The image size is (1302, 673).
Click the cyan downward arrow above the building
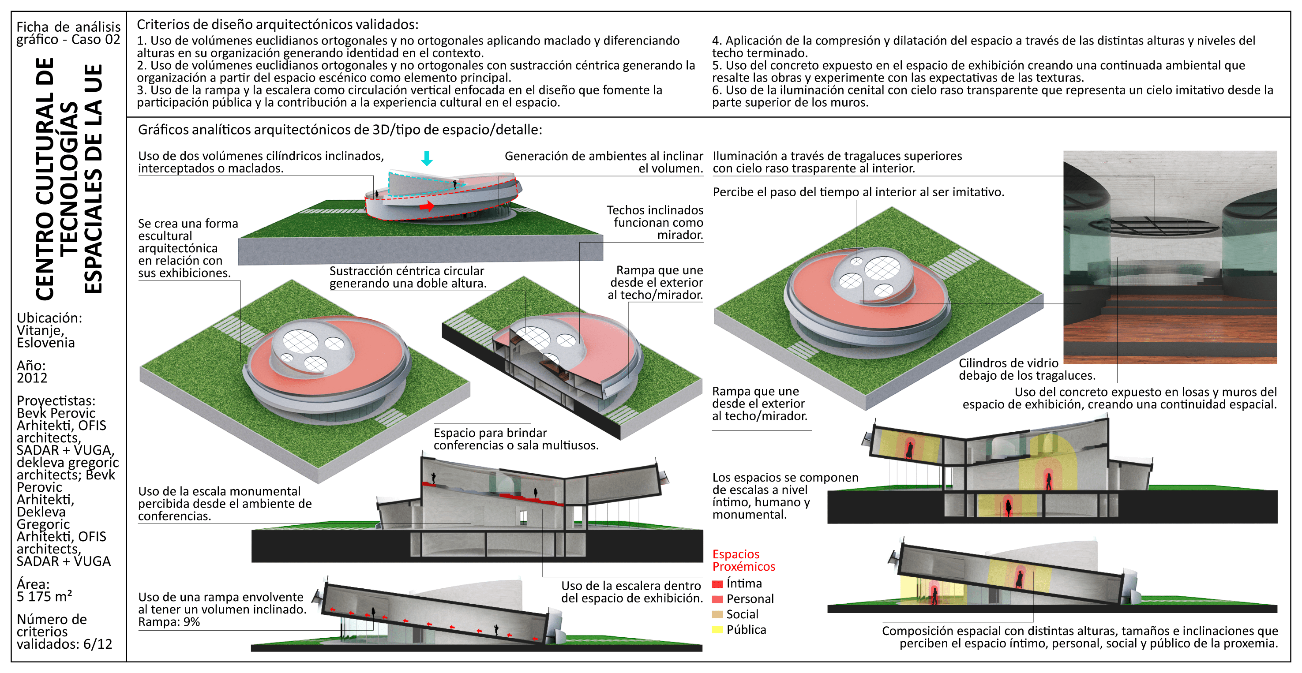[427, 158]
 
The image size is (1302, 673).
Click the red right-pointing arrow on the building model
[427, 206]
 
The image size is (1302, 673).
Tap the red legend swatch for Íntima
[717, 584]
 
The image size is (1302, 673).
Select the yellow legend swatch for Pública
[717, 629]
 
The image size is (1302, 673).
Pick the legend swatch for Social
[717, 614]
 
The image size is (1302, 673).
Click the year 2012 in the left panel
[32, 378]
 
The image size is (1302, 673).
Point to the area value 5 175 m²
[44, 597]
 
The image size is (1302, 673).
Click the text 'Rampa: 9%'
[169, 622]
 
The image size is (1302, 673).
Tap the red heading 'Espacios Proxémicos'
[743, 561]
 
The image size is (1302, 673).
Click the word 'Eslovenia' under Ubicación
[45, 343]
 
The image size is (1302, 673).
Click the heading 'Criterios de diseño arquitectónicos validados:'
[278, 25]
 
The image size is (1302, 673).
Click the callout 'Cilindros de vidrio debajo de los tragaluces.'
[1027, 369]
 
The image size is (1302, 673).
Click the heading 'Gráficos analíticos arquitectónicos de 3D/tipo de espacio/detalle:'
[340, 130]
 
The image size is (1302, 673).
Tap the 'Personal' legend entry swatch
[717, 599]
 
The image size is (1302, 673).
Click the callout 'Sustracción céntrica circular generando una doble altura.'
[408, 277]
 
